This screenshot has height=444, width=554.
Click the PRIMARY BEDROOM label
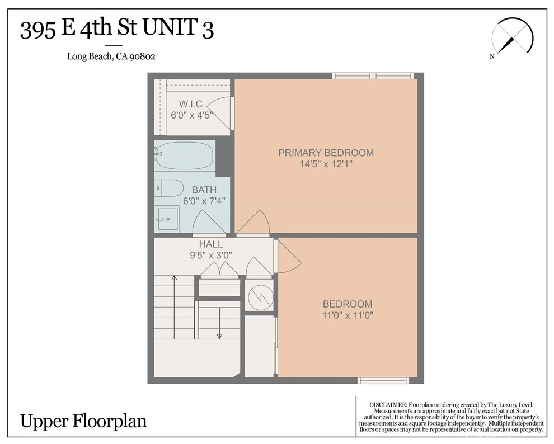coord(326,153)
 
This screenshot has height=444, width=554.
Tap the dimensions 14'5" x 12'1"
coord(326,164)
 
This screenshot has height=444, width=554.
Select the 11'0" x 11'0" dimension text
coord(348,315)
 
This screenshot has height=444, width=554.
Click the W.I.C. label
coord(192,104)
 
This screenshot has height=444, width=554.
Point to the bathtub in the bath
coord(185,155)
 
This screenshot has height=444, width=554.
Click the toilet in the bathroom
coord(170,188)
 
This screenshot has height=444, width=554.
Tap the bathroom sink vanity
coord(167,218)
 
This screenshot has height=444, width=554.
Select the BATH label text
coord(204,190)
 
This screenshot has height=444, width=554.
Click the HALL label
coord(210,244)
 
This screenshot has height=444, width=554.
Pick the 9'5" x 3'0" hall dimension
coord(210,255)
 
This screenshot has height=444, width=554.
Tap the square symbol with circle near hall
coord(259,295)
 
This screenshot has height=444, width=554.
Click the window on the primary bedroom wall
coord(373,75)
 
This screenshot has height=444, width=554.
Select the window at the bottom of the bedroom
coord(383,381)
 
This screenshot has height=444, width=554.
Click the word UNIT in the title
coord(170,29)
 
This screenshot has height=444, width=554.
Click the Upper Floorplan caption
coord(83,421)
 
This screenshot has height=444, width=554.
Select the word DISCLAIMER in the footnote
coord(388,404)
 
